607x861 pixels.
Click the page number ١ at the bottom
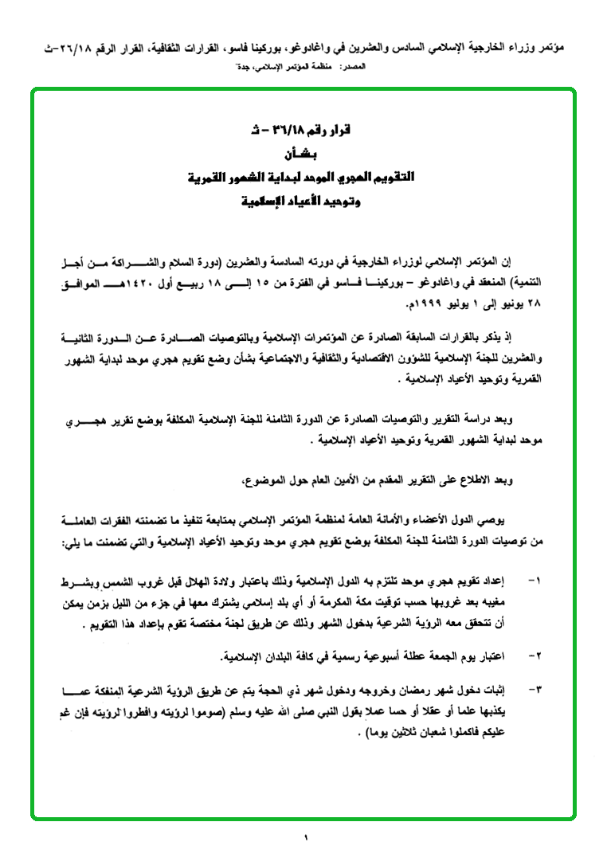305,837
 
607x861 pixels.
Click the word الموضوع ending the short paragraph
264,480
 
